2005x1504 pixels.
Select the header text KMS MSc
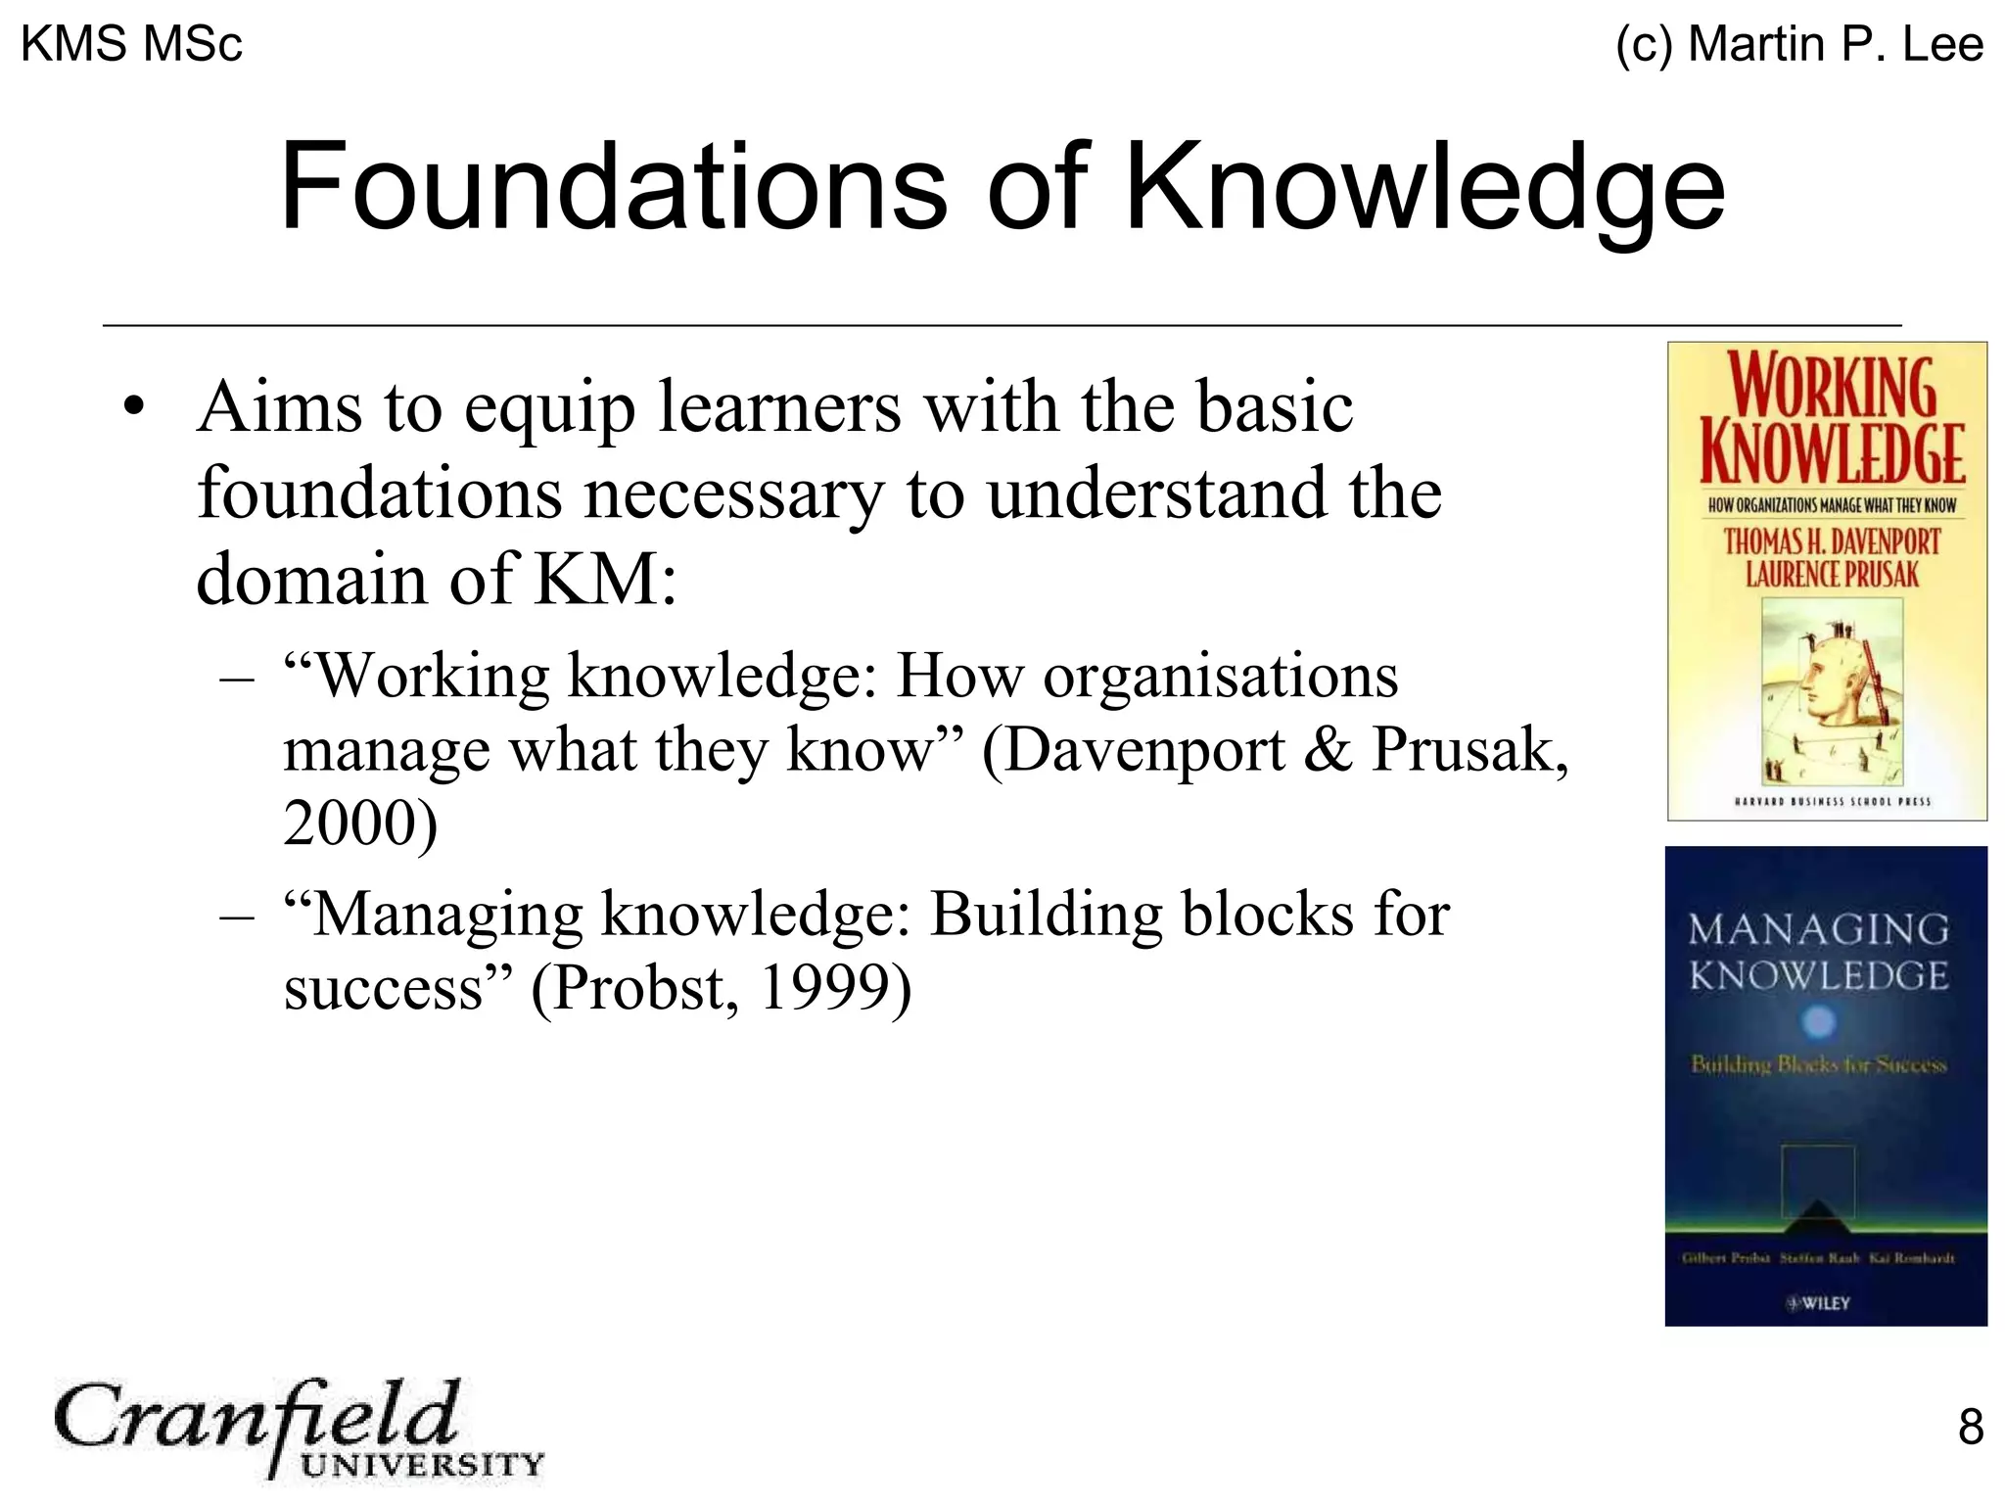(x=131, y=44)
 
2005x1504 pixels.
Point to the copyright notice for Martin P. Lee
(x=1799, y=44)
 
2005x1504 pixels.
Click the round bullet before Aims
(x=134, y=406)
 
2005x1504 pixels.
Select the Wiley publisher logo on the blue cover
(x=1819, y=1303)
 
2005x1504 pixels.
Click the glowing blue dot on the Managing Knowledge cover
(x=1818, y=1022)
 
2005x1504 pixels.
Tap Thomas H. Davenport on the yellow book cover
(x=1831, y=541)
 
